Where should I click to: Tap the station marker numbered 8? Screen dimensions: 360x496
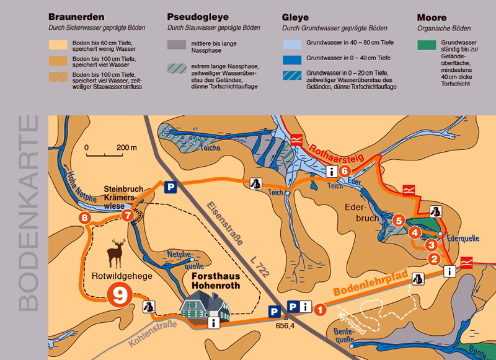[84, 218]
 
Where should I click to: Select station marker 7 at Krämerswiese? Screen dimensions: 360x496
[127, 216]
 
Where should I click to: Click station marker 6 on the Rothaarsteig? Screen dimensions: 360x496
[345, 172]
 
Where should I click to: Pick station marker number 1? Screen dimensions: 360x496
[321, 308]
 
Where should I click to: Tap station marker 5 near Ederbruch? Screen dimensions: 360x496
[399, 220]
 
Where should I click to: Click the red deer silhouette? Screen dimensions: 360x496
[115, 252]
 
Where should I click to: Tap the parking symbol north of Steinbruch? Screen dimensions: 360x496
[168, 185]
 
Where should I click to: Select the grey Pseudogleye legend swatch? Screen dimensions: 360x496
[177, 45]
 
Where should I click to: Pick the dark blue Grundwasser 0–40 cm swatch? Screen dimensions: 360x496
[293, 60]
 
